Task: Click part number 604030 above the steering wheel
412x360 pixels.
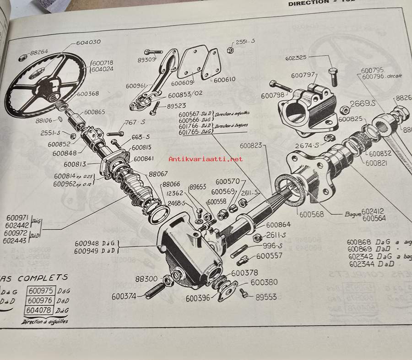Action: pyautogui.click(x=88, y=42)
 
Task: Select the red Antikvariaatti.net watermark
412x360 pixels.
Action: pyautogui.click(x=206, y=159)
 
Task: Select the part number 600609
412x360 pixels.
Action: pyautogui.click(x=182, y=83)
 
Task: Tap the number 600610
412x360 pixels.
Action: pyautogui.click(x=224, y=79)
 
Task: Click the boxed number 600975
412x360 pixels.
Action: pyautogui.click(x=41, y=290)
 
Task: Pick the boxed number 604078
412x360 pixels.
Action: pyautogui.click(x=41, y=311)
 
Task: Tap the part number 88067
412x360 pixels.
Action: pyautogui.click(x=158, y=174)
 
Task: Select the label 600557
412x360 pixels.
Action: pyautogui.click(x=270, y=256)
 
